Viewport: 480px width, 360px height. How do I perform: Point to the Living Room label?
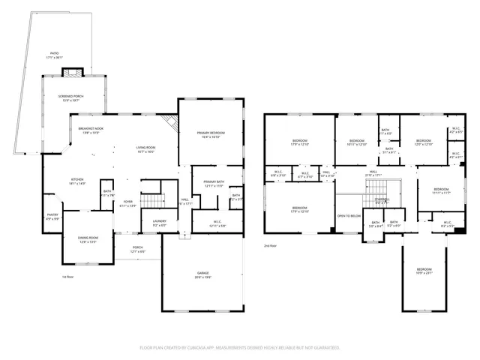pyautogui.click(x=145, y=150)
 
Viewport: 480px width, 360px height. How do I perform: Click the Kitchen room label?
pyautogui.click(x=77, y=181)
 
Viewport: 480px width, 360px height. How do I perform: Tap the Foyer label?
pyautogui.click(x=129, y=202)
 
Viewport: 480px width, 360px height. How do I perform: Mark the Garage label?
pyautogui.click(x=203, y=276)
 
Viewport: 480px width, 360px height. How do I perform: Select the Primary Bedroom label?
pyautogui.click(x=211, y=135)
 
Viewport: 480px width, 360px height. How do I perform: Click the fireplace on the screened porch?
pyautogui.click(x=72, y=73)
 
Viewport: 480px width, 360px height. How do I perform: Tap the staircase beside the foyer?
pyautogui.click(x=153, y=201)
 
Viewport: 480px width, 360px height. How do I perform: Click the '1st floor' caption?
pyautogui.click(x=67, y=277)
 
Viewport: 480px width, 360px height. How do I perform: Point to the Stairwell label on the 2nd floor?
pyautogui.click(x=382, y=200)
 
